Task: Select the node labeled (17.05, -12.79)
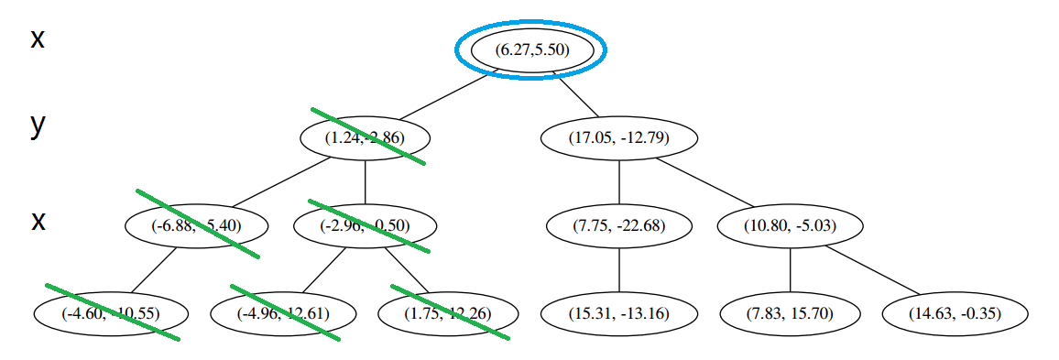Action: [619, 138]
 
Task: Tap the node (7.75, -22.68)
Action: [619, 225]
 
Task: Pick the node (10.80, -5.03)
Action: [790, 225]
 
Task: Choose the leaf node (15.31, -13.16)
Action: [619, 313]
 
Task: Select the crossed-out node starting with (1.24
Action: [366, 138]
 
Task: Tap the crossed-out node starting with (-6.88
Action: [197, 225]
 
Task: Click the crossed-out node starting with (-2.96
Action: [366, 225]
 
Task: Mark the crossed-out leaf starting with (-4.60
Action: [112, 313]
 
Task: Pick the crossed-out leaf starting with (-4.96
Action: [283, 313]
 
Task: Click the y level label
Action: [38, 125]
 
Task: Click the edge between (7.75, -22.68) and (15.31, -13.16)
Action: [619, 269]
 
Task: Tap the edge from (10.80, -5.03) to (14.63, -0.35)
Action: [874, 270]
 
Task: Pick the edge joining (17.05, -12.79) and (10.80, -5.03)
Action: [706, 183]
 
